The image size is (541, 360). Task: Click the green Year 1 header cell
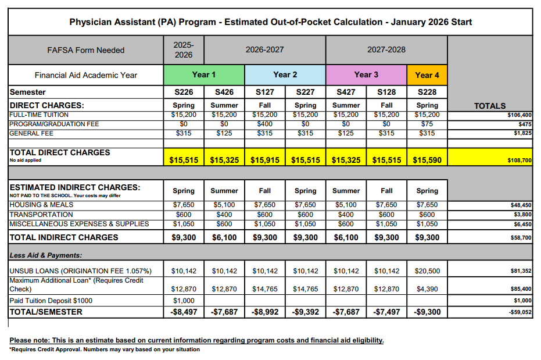coord(204,75)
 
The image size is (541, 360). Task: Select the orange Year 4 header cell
coord(427,75)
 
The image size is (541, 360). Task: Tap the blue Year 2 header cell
coord(285,75)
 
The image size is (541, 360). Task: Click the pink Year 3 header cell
coord(366,75)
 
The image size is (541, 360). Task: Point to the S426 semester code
coord(224,92)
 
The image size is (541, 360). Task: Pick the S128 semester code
coord(386,92)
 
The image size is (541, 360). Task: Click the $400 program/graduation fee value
coord(265,124)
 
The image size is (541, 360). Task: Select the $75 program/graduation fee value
coord(427,124)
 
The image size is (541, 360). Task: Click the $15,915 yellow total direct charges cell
coord(265,159)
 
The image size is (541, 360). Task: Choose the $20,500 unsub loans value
coord(427,271)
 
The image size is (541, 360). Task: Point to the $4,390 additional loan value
coord(427,289)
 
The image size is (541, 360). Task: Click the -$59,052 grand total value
coord(519,312)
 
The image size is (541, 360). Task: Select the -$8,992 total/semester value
coord(265,312)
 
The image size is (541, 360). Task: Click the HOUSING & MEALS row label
coord(41,205)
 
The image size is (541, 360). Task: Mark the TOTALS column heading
coord(490,106)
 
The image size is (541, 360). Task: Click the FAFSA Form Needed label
coord(86,50)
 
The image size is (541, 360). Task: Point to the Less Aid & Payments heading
coord(46,255)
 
